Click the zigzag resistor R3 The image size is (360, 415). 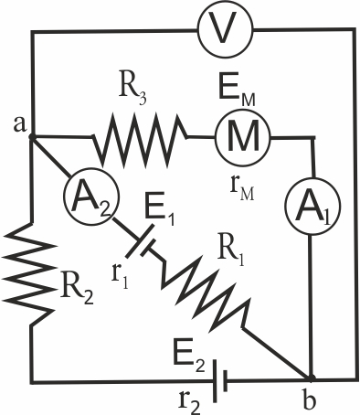pyautogui.click(x=140, y=140)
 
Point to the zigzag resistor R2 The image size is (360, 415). pyautogui.click(x=29, y=275)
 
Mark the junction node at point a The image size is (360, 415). pyautogui.click(x=31, y=137)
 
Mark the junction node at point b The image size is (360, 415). pyautogui.click(x=311, y=378)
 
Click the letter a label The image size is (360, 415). pyautogui.click(x=20, y=124)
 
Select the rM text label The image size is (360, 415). pyautogui.click(x=242, y=191)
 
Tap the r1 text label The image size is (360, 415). pyautogui.click(x=120, y=276)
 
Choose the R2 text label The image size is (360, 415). pyautogui.click(x=76, y=288)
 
